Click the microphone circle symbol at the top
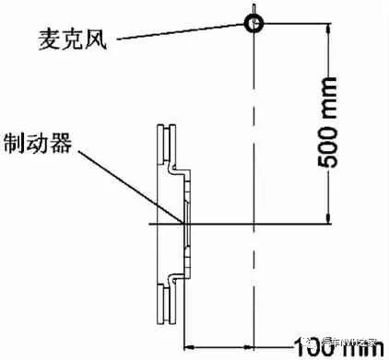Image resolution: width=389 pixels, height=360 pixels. click(x=253, y=21)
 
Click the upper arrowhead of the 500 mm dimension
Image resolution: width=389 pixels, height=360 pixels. click(x=329, y=28)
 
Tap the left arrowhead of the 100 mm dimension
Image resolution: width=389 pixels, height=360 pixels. click(x=190, y=346)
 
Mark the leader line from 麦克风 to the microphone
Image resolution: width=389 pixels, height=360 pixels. click(x=175, y=30)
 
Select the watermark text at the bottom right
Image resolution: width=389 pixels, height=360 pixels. click(x=346, y=343)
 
